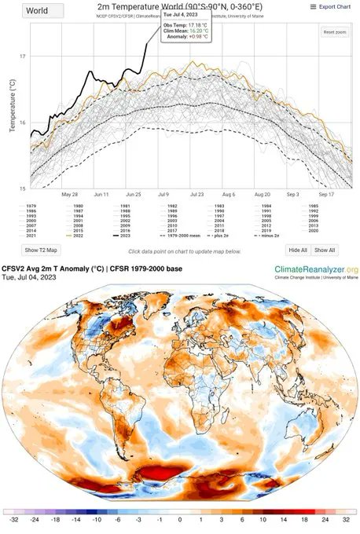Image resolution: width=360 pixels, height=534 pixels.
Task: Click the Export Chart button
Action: [x=332, y=6]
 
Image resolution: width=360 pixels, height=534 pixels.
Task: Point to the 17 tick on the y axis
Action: [x=23, y=57]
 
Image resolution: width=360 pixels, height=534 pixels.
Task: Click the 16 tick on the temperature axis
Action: [x=23, y=123]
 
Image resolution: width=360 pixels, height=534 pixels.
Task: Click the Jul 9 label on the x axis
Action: [x=163, y=193]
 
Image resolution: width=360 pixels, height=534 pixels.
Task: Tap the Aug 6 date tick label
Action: [x=228, y=193]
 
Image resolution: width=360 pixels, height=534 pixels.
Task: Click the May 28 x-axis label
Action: [x=69, y=193]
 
